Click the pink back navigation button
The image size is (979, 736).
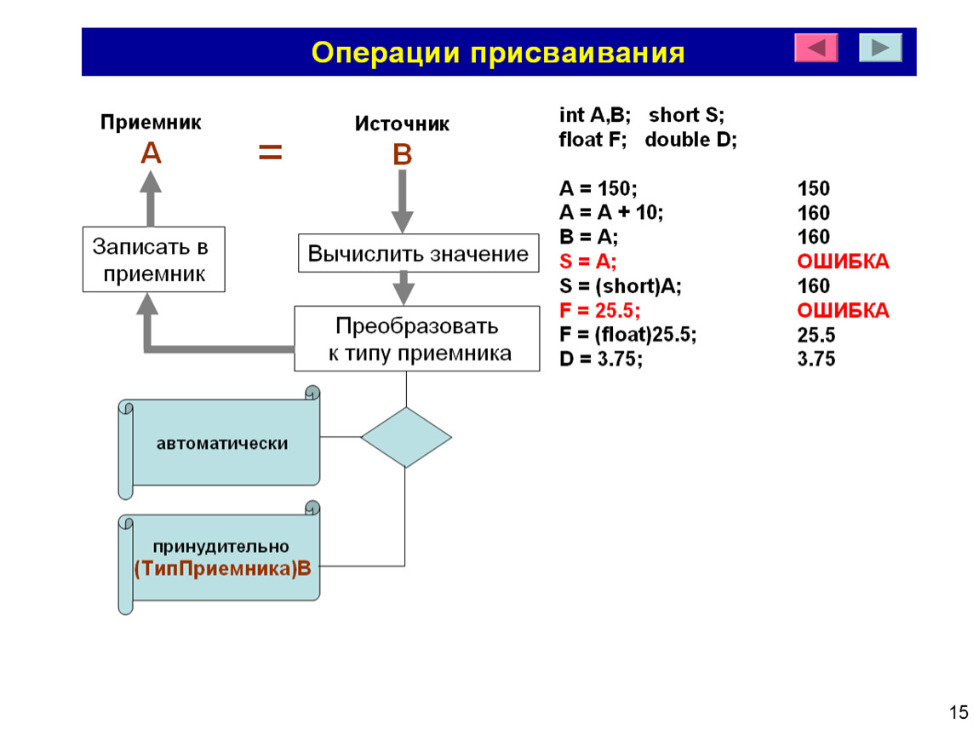click(816, 48)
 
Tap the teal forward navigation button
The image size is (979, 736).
click(880, 48)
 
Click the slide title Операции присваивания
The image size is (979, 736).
click(498, 53)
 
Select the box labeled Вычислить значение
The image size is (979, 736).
click(418, 253)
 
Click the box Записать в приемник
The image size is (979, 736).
click(153, 259)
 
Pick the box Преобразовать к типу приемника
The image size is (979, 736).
click(417, 339)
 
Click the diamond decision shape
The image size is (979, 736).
click(406, 437)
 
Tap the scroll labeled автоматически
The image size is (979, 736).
click(220, 442)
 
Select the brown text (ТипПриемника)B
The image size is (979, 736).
click(222, 568)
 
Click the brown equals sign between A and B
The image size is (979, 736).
click(271, 152)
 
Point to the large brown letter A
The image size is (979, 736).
click(151, 152)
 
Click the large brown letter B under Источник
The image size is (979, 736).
click(402, 154)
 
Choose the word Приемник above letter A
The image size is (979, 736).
click(151, 122)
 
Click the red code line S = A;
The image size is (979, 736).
click(587, 262)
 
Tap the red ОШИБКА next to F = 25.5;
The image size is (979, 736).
click(843, 310)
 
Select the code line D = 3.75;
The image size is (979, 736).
click(601, 359)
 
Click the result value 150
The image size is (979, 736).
click(814, 188)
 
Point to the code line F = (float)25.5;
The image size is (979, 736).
click(627, 335)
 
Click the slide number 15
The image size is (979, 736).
click(959, 712)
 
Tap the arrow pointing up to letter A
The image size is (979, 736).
click(151, 198)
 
